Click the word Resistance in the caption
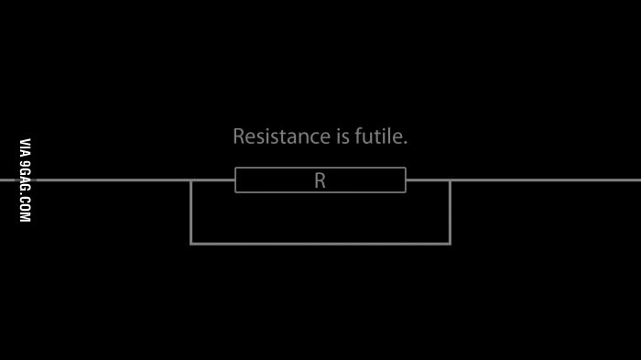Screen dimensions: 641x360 click(x=281, y=136)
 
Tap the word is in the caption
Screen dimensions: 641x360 click(x=343, y=136)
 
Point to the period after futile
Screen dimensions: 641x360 click(x=405, y=143)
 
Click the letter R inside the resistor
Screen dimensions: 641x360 click(x=320, y=180)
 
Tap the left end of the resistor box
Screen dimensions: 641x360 click(x=235, y=180)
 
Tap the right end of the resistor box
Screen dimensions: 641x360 click(x=405, y=180)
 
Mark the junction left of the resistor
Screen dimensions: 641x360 click(x=190, y=180)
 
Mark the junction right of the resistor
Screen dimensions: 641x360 click(x=451, y=180)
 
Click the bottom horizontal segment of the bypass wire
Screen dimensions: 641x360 click(x=320, y=244)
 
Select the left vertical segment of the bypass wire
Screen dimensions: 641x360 click(x=190, y=212)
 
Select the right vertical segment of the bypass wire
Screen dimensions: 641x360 click(x=451, y=212)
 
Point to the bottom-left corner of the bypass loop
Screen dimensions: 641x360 click(x=190, y=244)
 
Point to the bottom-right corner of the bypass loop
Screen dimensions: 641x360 click(x=451, y=244)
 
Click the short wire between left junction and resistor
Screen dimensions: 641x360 click(x=212, y=180)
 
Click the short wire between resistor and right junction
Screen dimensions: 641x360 click(x=428, y=180)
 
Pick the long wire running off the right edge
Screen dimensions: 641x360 click(x=546, y=180)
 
